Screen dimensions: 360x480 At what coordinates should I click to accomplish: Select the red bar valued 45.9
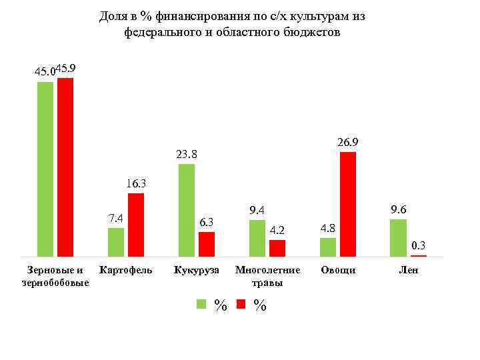(65, 167)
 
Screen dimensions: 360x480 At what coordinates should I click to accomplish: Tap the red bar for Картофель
(136, 225)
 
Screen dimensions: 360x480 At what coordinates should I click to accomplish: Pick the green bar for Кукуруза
(187, 210)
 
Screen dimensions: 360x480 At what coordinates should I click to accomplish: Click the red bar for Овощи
(348, 204)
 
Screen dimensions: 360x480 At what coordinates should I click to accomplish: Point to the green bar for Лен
(398, 237)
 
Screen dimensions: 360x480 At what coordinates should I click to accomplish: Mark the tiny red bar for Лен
(419, 255)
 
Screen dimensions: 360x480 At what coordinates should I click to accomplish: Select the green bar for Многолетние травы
(257, 238)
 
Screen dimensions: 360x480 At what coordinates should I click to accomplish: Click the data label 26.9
(348, 142)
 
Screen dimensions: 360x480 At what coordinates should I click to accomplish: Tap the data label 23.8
(187, 155)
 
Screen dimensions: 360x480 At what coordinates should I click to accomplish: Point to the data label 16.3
(136, 183)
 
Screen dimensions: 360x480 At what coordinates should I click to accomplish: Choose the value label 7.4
(116, 218)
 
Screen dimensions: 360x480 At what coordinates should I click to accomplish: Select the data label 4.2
(277, 231)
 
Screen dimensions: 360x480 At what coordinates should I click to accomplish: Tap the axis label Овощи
(338, 271)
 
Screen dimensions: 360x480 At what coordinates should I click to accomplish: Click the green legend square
(201, 305)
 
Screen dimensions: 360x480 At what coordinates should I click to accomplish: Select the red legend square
(241, 305)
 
